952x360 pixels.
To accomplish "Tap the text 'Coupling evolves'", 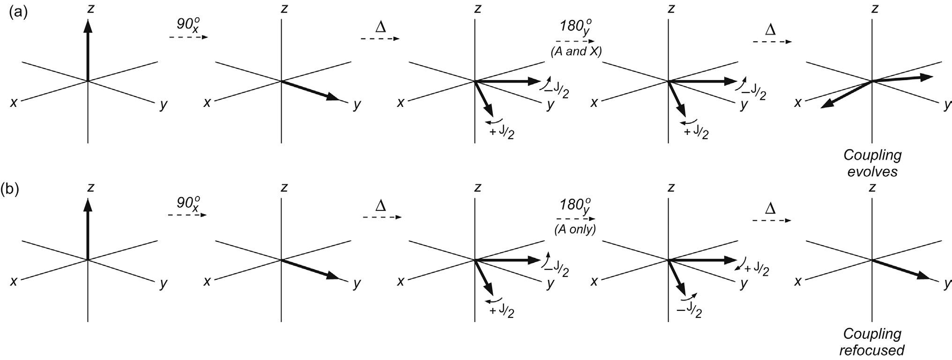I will (872, 163).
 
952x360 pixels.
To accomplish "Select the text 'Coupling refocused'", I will (872, 341).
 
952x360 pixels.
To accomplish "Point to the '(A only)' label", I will (575, 230).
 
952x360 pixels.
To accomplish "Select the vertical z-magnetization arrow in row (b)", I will (88, 229).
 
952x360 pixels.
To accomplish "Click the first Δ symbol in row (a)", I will (380, 27).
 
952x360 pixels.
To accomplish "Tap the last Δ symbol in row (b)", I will (770, 208).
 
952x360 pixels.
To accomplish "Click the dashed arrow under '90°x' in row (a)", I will (188, 37).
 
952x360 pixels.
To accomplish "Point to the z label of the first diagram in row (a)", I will (91, 8).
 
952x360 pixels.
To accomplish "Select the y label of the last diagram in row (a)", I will (947, 104).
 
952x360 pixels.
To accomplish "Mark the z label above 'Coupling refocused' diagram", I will (872, 187).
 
